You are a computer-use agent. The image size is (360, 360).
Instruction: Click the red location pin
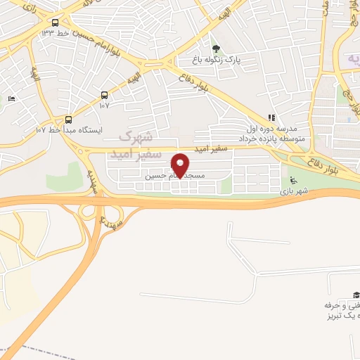pos(180,165)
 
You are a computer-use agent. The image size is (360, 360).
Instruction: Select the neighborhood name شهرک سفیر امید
pos(141,144)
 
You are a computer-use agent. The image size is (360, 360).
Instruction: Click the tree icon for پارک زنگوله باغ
pos(215,49)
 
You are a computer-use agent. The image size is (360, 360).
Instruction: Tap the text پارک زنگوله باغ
pos(218,60)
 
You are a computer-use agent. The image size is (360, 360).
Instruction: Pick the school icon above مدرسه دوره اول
pos(270,118)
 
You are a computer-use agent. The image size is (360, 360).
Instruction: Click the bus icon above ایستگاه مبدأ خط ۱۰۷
pos(69,119)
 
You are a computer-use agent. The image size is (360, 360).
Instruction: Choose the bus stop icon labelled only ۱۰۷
pos(105,95)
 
